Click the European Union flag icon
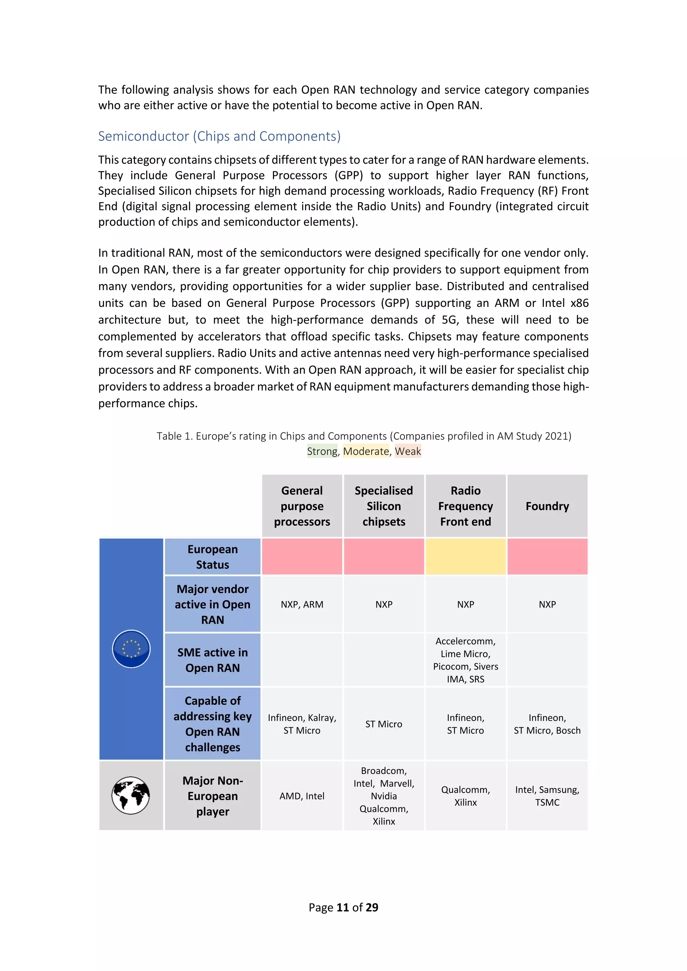point(131,649)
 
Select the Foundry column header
point(547,506)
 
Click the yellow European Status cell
point(465,557)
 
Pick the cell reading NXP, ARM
point(302,604)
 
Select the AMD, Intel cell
point(302,796)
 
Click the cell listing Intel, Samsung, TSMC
point(547,796)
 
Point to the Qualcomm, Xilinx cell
point(465,796)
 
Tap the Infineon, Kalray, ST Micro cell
point(302,724)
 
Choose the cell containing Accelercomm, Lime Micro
point(465,660)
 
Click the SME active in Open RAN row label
point(212,660)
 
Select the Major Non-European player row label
point(212,796)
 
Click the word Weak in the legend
point(408,451)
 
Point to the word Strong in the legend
point(322,451)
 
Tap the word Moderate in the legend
point(366,451)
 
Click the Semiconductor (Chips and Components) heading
point(219,136)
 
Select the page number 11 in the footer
point(342,907)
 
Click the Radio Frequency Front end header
point(465,506)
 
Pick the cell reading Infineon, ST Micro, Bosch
point(547,724)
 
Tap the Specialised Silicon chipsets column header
point(384,506)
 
